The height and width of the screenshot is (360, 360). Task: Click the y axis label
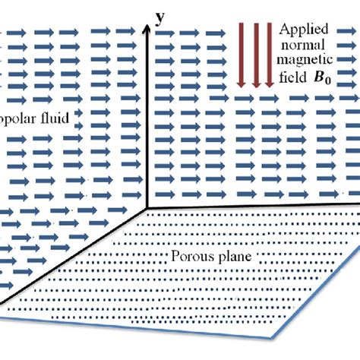pos(160,17)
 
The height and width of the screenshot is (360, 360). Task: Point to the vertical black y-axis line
pos(146,114)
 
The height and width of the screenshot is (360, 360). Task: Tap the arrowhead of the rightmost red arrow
pos(269,83)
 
